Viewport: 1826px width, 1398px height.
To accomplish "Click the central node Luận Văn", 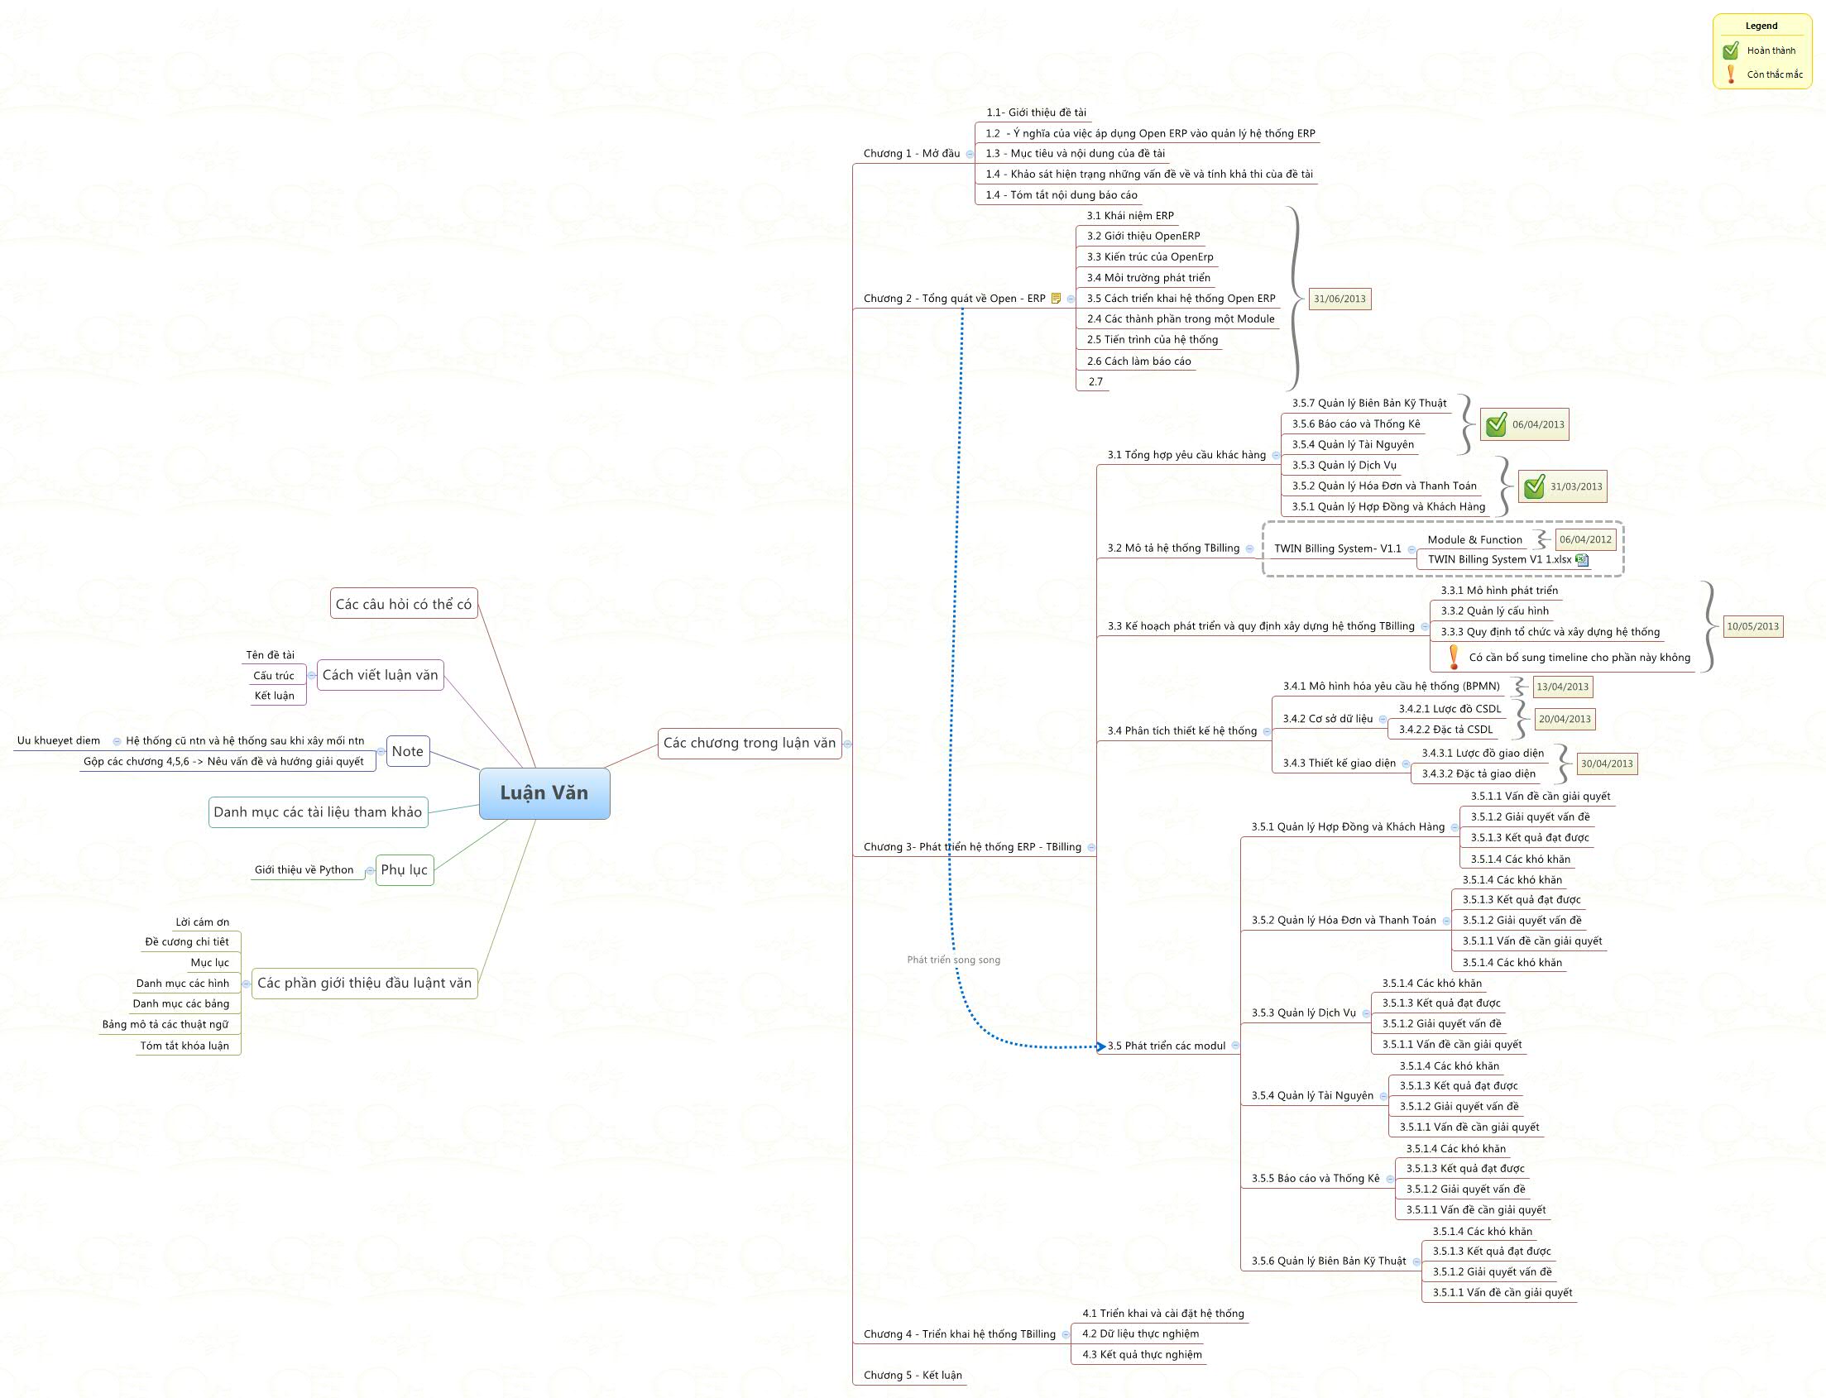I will [x=544, y=793].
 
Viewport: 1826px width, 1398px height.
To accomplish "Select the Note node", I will [x=408, y=751].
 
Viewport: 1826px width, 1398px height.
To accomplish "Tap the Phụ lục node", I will [x=405, y=869].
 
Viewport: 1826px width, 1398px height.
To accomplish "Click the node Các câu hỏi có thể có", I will [x=404, y=604].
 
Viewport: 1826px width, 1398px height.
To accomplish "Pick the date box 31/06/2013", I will [x=1340, y=299].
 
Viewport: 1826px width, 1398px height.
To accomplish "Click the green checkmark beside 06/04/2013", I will [x=1496, y=425].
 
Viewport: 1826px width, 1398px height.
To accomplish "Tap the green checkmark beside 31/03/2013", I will [x=1533, y=487].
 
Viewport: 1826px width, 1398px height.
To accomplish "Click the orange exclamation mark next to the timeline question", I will [x=1453, y=658].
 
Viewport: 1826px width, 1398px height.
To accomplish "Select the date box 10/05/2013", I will [x=1752, y=626].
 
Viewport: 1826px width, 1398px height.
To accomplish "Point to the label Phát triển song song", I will [x=953, y=960].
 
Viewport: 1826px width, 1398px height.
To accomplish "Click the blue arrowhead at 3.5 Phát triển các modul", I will [x=1101, y=1046].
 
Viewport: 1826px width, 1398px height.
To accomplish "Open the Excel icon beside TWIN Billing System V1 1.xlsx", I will [x=1582, y=560].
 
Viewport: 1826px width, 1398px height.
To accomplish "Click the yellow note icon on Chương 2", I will [x=1057, y=299].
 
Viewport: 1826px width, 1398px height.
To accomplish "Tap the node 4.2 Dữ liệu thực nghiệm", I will [x=1140, y=1333].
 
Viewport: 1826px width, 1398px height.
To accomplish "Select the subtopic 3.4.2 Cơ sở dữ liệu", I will [x=1327, y=718].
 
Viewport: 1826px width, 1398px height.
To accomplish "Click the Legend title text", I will [x=1761, y=26].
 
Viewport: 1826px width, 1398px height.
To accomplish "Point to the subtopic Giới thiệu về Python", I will [x=304, y=869].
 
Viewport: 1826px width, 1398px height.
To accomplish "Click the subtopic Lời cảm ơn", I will [x=202, y=922].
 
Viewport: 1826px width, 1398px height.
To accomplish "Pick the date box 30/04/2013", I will [x=1606, y=764].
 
